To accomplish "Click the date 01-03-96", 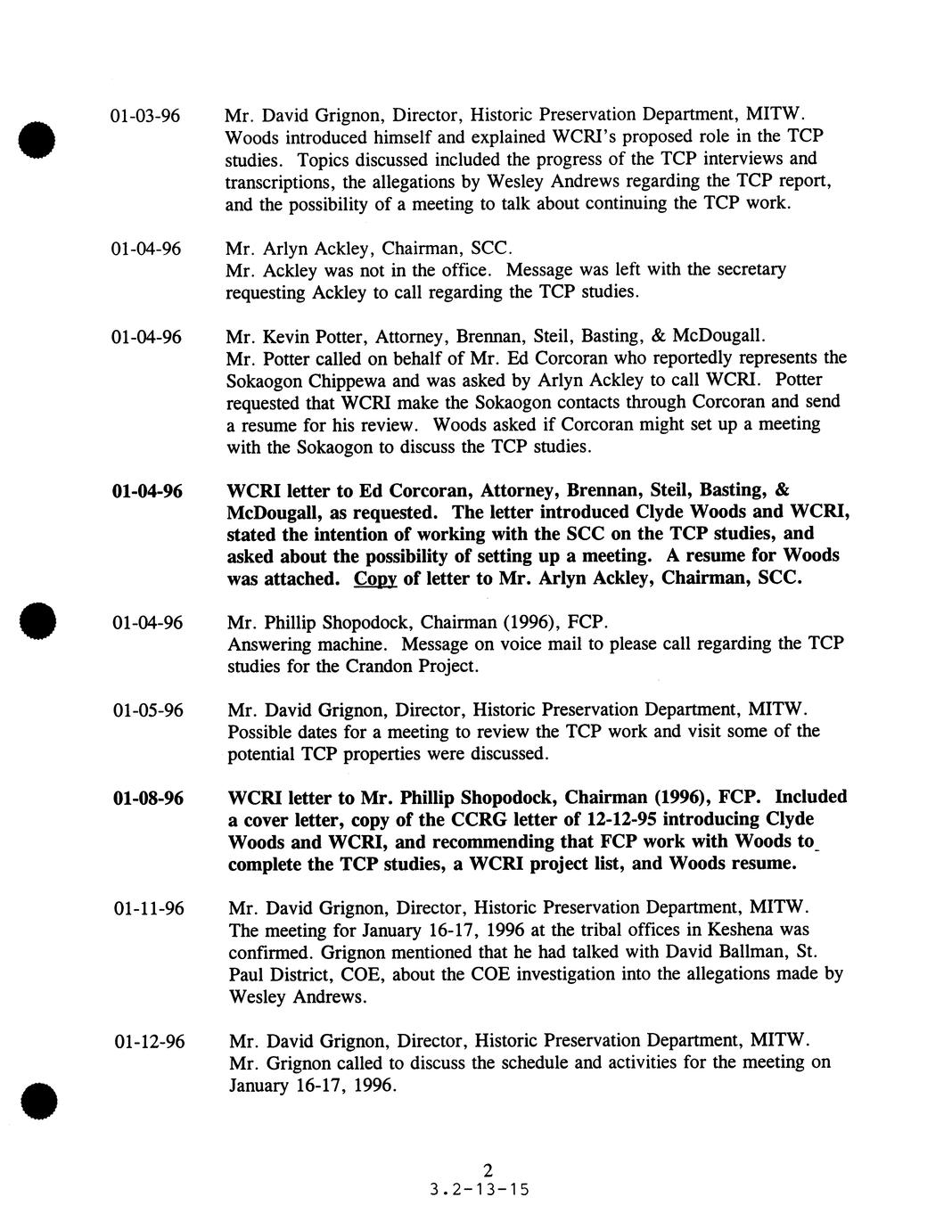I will pos(145,116).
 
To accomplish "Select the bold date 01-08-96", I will pos(149,798).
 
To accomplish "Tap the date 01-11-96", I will pos(149,908).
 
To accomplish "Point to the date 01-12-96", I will pos(149,1041).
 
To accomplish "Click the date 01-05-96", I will pos(149,710).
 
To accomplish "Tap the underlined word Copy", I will pos(375,578).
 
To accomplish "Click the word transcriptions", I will pos(278,182).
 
